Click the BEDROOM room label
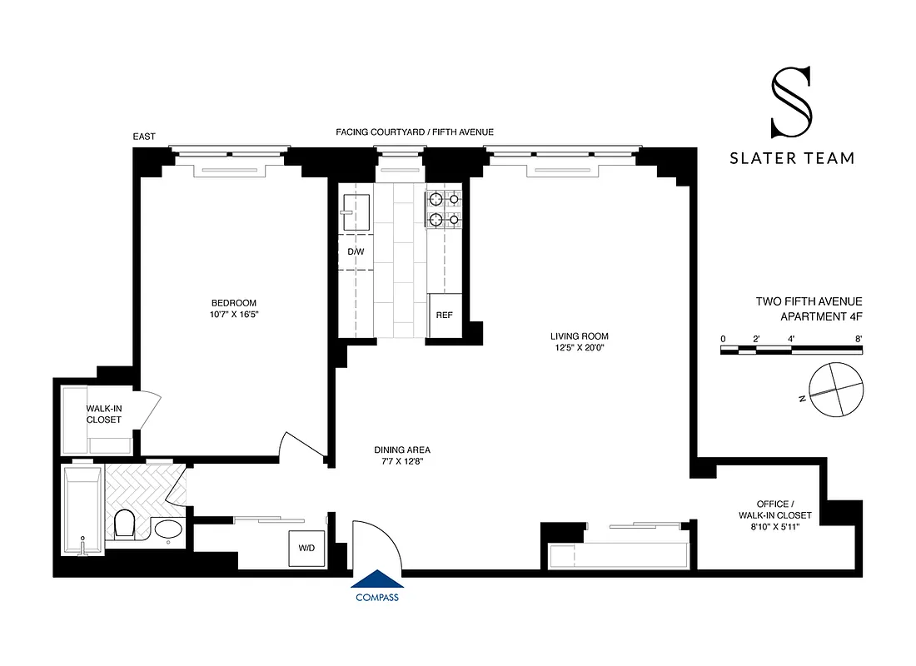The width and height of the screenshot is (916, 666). (x=233, y=303)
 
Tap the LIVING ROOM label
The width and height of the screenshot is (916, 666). (x=573, y=336)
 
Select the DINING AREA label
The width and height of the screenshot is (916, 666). (x=401, y=450)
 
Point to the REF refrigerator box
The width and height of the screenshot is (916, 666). (x=444, y=316)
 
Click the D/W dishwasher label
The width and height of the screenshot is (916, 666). (x=356, y=251)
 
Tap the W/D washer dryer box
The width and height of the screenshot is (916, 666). (x=306, y=549)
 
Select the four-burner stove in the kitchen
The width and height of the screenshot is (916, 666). (x=444, y=210)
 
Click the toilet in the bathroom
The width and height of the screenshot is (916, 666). (x=125, y=524)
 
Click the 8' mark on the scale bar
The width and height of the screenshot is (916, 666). (x=858, y=338)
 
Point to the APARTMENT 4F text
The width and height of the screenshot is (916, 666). (x=821, y=316)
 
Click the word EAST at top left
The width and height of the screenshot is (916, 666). (x=143, y=137)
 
